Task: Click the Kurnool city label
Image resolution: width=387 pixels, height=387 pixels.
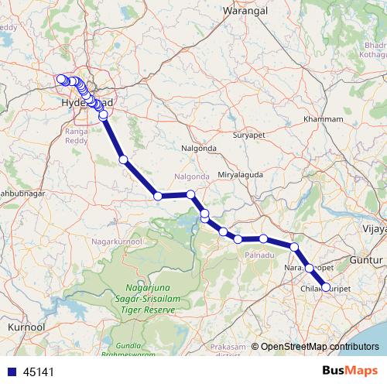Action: (25, 328)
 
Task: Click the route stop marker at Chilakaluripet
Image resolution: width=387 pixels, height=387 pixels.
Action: (325, 287)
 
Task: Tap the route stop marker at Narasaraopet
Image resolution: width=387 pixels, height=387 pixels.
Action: (310, 268)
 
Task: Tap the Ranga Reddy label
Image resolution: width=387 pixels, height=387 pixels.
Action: (77, 135)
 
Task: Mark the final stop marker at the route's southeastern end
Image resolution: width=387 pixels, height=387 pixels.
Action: (325, 287)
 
